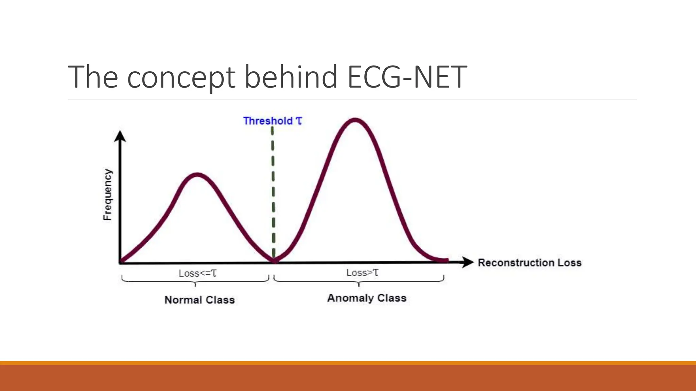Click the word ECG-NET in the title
[407, 77]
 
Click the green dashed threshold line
[273, 190]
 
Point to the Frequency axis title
[107, 194]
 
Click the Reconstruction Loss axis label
[529, 263]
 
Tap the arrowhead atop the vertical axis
[120, 136]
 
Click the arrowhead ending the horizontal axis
[468, 262]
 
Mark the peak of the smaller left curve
[198, 175]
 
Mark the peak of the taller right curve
[355, 120]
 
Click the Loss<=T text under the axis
[197, 273]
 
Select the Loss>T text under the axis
[362, 273]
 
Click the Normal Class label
[199, 300]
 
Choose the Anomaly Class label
[367, 298]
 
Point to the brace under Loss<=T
[195, 281]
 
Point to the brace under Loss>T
[359, 281]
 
